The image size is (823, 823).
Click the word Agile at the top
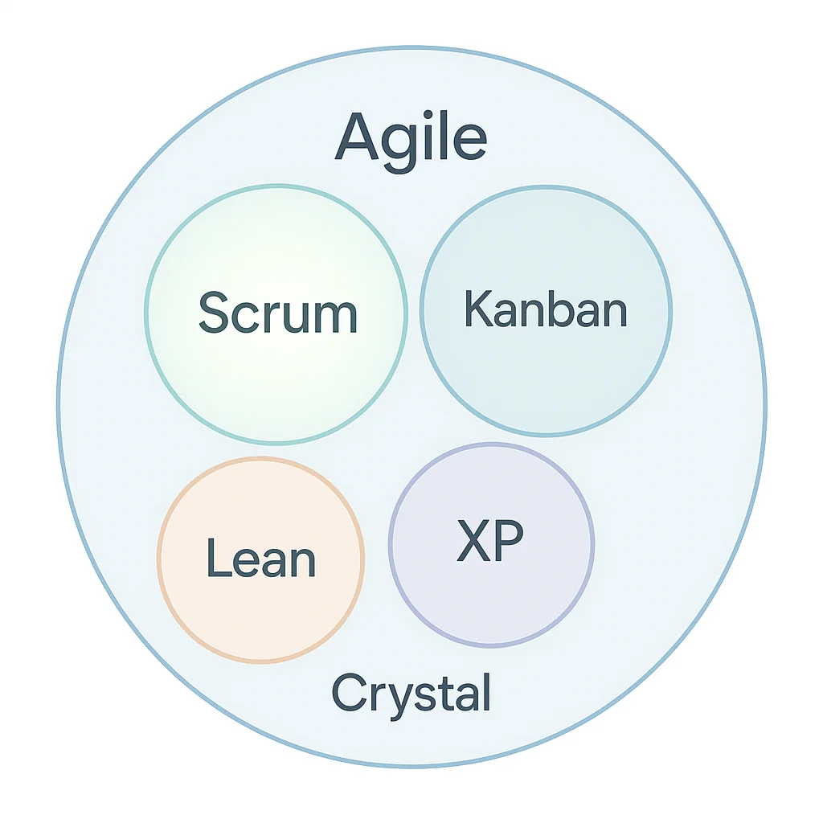coord(411,138)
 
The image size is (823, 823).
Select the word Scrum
coord(277,313)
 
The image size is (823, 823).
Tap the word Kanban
coord(546,309)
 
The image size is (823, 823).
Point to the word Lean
coord(261,559)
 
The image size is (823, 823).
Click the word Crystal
coord(411,694)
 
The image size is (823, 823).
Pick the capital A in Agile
coord(357,137)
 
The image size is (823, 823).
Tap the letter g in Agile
coord(403,145)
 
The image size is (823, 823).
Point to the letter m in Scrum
coord(337,317)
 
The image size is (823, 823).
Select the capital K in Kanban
coord(477,309)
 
